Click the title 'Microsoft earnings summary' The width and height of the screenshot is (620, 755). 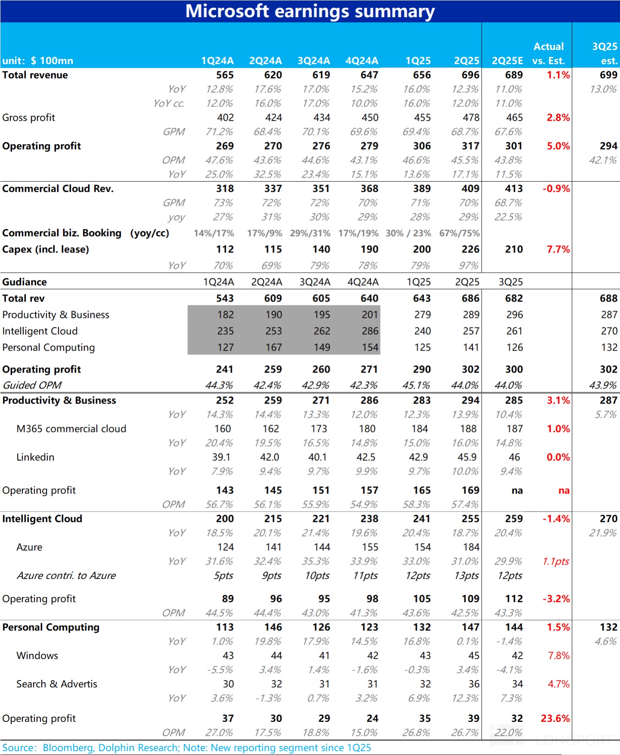(310, 11)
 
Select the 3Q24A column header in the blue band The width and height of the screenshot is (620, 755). (313, 61)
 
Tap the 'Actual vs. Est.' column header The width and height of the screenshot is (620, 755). (549, 53)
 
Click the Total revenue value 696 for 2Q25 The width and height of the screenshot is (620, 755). (470, 75)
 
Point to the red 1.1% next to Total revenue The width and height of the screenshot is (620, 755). (558, 75)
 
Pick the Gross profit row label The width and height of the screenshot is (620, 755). (29, 118)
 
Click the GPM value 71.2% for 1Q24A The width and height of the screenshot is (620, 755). (219, 132)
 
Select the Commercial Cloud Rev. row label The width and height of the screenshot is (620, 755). (58, 189)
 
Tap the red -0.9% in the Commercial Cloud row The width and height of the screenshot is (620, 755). (556, 189)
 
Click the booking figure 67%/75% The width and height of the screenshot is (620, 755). (459, 233)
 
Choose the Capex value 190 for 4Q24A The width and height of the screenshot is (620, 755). (369, 249)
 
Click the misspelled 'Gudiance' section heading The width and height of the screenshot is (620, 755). (25, 282)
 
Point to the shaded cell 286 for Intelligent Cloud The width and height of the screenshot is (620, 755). (370, 331)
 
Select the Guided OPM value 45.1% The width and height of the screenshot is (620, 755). (416, 385)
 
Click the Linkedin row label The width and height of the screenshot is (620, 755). (35, 457)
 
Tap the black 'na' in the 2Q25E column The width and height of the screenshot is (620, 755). (517, 491)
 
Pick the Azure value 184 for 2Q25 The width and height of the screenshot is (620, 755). (471, 547)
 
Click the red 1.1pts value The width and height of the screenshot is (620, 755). (556, 561)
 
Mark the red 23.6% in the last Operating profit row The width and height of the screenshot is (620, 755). (555, 718)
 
